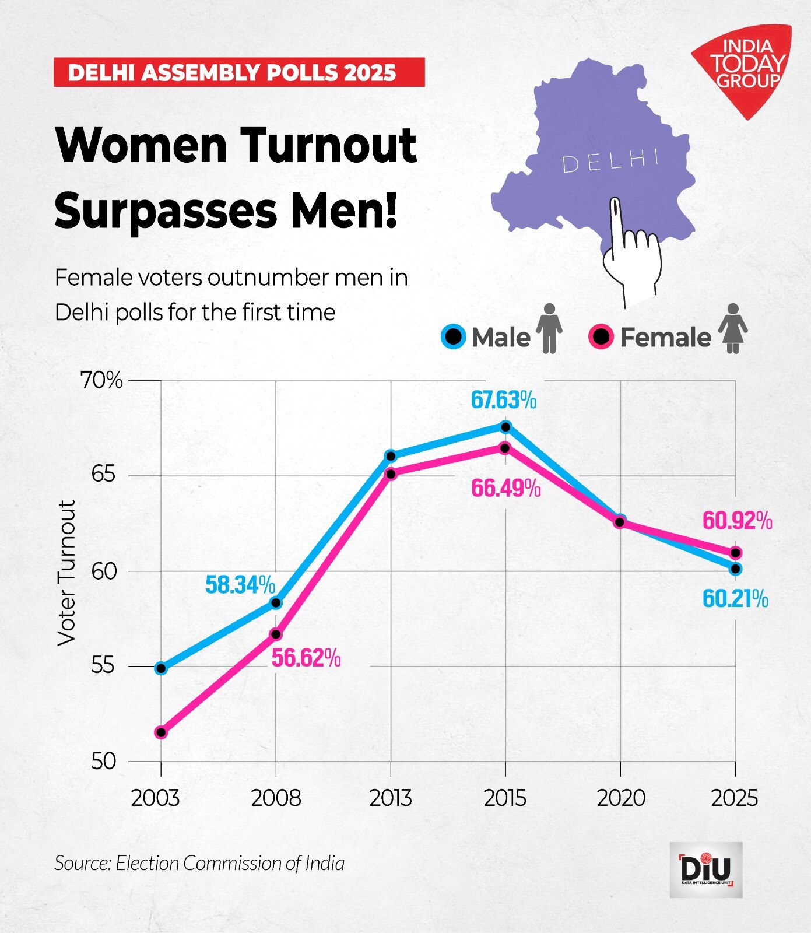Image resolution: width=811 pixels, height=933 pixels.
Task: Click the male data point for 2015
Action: pos(505,427)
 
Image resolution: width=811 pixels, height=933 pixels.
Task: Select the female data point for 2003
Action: pos(161,732)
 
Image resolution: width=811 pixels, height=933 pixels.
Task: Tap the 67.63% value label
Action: pos(503,401)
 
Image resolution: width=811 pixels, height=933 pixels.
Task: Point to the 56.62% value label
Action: pos(306,658)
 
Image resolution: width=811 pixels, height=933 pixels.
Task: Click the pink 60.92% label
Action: pos(737,521)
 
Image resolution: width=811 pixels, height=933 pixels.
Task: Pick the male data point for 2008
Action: pos(276,603)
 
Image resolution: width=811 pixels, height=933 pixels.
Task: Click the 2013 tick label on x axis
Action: pos(390,798)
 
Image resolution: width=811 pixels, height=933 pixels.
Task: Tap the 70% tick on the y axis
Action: pos(102,380)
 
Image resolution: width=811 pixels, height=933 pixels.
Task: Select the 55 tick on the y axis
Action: pos(103,666)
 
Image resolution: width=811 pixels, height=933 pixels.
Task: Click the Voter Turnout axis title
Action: pos(67,573)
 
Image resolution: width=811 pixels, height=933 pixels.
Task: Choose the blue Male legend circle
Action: pos(453,336)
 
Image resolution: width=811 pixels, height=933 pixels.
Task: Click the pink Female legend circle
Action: pos(601,336)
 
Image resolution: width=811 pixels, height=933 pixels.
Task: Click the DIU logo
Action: pos(705,869)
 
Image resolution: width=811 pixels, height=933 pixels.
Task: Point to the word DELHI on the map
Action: pos(610,161)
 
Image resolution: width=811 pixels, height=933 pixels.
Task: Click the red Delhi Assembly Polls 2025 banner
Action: pos(239,72)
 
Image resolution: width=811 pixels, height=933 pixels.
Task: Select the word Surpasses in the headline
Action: pos(165,211)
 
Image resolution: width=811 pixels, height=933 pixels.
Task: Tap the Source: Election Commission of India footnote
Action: pos(199,863)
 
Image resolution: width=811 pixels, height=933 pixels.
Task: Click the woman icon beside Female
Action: pos(733,328)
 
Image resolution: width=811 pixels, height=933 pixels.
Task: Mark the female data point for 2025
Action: pos(736,553)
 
